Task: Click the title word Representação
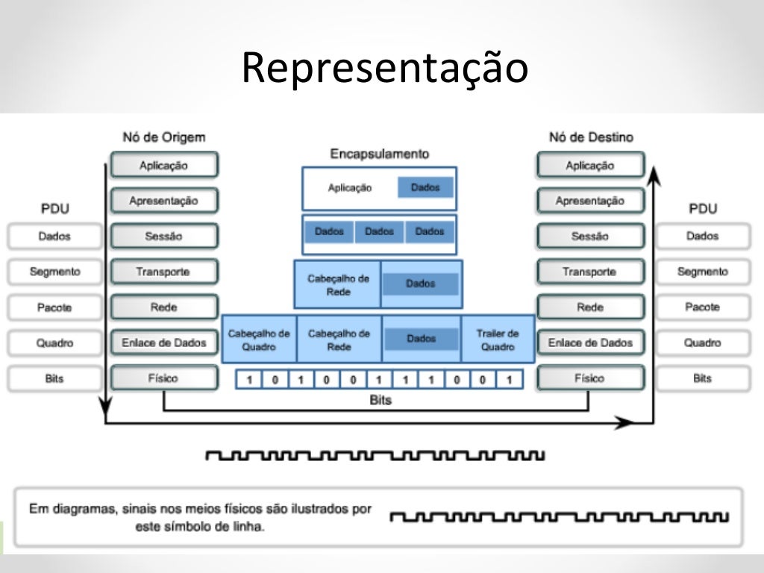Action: click(384, 68)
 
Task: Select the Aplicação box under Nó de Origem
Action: click(163, 165)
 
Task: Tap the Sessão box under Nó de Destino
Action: click(589, 237)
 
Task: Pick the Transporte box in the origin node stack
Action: click(163, 272)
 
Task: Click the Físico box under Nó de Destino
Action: click(589, 378)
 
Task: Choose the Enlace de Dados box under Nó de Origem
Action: click(163, 343)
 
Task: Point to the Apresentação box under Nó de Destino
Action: click(589, 201)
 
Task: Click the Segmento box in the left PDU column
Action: click(54, 272)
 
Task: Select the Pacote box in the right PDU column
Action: click(702, 307)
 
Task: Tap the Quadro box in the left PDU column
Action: click(54, 343)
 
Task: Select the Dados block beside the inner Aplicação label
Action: click(425, 188)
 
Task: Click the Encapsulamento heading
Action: click(380, 154)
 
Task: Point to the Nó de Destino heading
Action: click(590, 137)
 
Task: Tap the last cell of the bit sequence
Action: click(509, 380)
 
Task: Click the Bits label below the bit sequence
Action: click(381, 401)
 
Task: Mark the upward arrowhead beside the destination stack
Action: click(654, 176)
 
